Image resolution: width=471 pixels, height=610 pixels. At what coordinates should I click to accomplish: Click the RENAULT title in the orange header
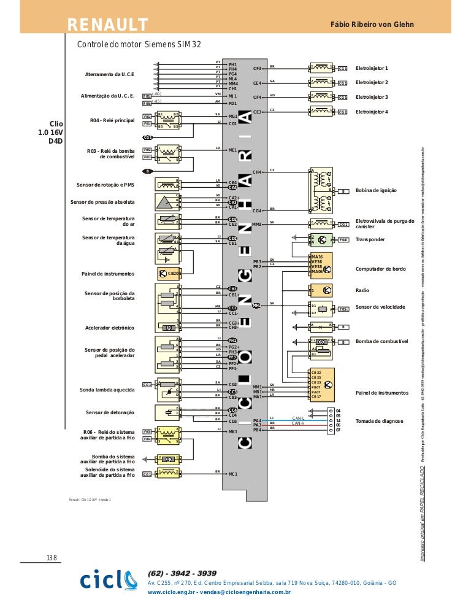point(108,24)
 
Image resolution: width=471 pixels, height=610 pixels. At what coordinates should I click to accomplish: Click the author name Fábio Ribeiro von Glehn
point(372,24)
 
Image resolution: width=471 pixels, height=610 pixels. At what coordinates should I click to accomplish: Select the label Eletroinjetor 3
point(372,97)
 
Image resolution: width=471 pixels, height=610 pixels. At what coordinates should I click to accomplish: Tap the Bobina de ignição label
point(376,191)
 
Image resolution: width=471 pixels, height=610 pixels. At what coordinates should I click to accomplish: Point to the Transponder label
point(370,239)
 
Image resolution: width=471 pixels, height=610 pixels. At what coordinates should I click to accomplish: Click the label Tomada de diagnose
point(380,421)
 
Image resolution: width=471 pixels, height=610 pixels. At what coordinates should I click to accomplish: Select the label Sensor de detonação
point(110,412)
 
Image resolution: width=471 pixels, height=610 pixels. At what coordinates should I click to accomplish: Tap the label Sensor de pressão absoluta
point(102,202)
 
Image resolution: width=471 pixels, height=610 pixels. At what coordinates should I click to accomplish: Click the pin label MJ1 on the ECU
point(232,96)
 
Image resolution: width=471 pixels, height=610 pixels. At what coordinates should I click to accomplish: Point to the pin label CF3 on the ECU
point(257,68)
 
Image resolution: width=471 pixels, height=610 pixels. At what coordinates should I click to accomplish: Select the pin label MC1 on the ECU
point(232,474)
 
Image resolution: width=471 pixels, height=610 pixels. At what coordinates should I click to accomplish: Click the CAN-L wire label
point(298,418)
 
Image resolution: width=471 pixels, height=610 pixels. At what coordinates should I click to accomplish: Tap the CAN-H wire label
point(298,423)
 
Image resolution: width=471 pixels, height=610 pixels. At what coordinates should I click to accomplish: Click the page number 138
point(52,557)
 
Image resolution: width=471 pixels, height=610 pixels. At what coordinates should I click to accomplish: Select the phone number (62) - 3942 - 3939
point(182,573)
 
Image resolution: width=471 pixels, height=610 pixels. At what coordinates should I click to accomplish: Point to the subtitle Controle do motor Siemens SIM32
point(138,44)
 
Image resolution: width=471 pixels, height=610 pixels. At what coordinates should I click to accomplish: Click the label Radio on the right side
point(362,290)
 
